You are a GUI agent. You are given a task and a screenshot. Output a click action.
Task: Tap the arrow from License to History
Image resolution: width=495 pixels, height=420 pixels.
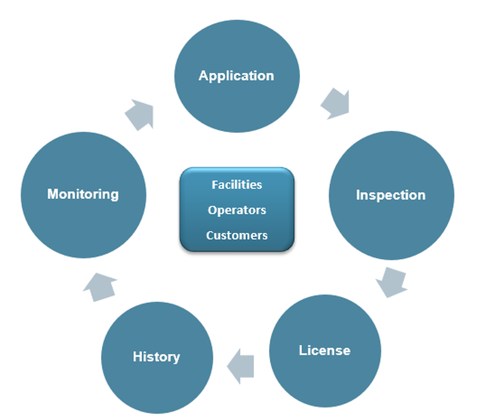click(241, 366)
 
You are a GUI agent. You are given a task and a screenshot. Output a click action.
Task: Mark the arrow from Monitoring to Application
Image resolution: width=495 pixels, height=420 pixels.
click(140, 114)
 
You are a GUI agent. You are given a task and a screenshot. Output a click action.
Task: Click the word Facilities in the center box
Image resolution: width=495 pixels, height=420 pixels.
click(237, 185)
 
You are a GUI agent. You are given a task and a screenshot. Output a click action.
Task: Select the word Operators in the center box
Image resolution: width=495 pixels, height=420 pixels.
click(237, 210)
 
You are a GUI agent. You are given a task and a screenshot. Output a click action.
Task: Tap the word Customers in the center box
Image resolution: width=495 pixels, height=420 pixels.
click(237, 235)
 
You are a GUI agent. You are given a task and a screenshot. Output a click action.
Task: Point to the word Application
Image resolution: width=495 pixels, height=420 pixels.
click(236, 76)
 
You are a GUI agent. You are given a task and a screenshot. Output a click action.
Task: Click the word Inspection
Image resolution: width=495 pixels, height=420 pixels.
click(391, 195)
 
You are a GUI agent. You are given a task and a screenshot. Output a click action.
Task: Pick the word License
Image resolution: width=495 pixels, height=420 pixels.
click(325, 351)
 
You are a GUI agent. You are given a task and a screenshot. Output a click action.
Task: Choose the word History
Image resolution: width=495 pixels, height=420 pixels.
click(156, 357)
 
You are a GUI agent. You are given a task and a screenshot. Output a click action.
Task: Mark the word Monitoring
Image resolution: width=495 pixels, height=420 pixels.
click(83, 194)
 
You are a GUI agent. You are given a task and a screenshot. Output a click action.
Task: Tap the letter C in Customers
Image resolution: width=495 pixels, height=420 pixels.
click(209, 235)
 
